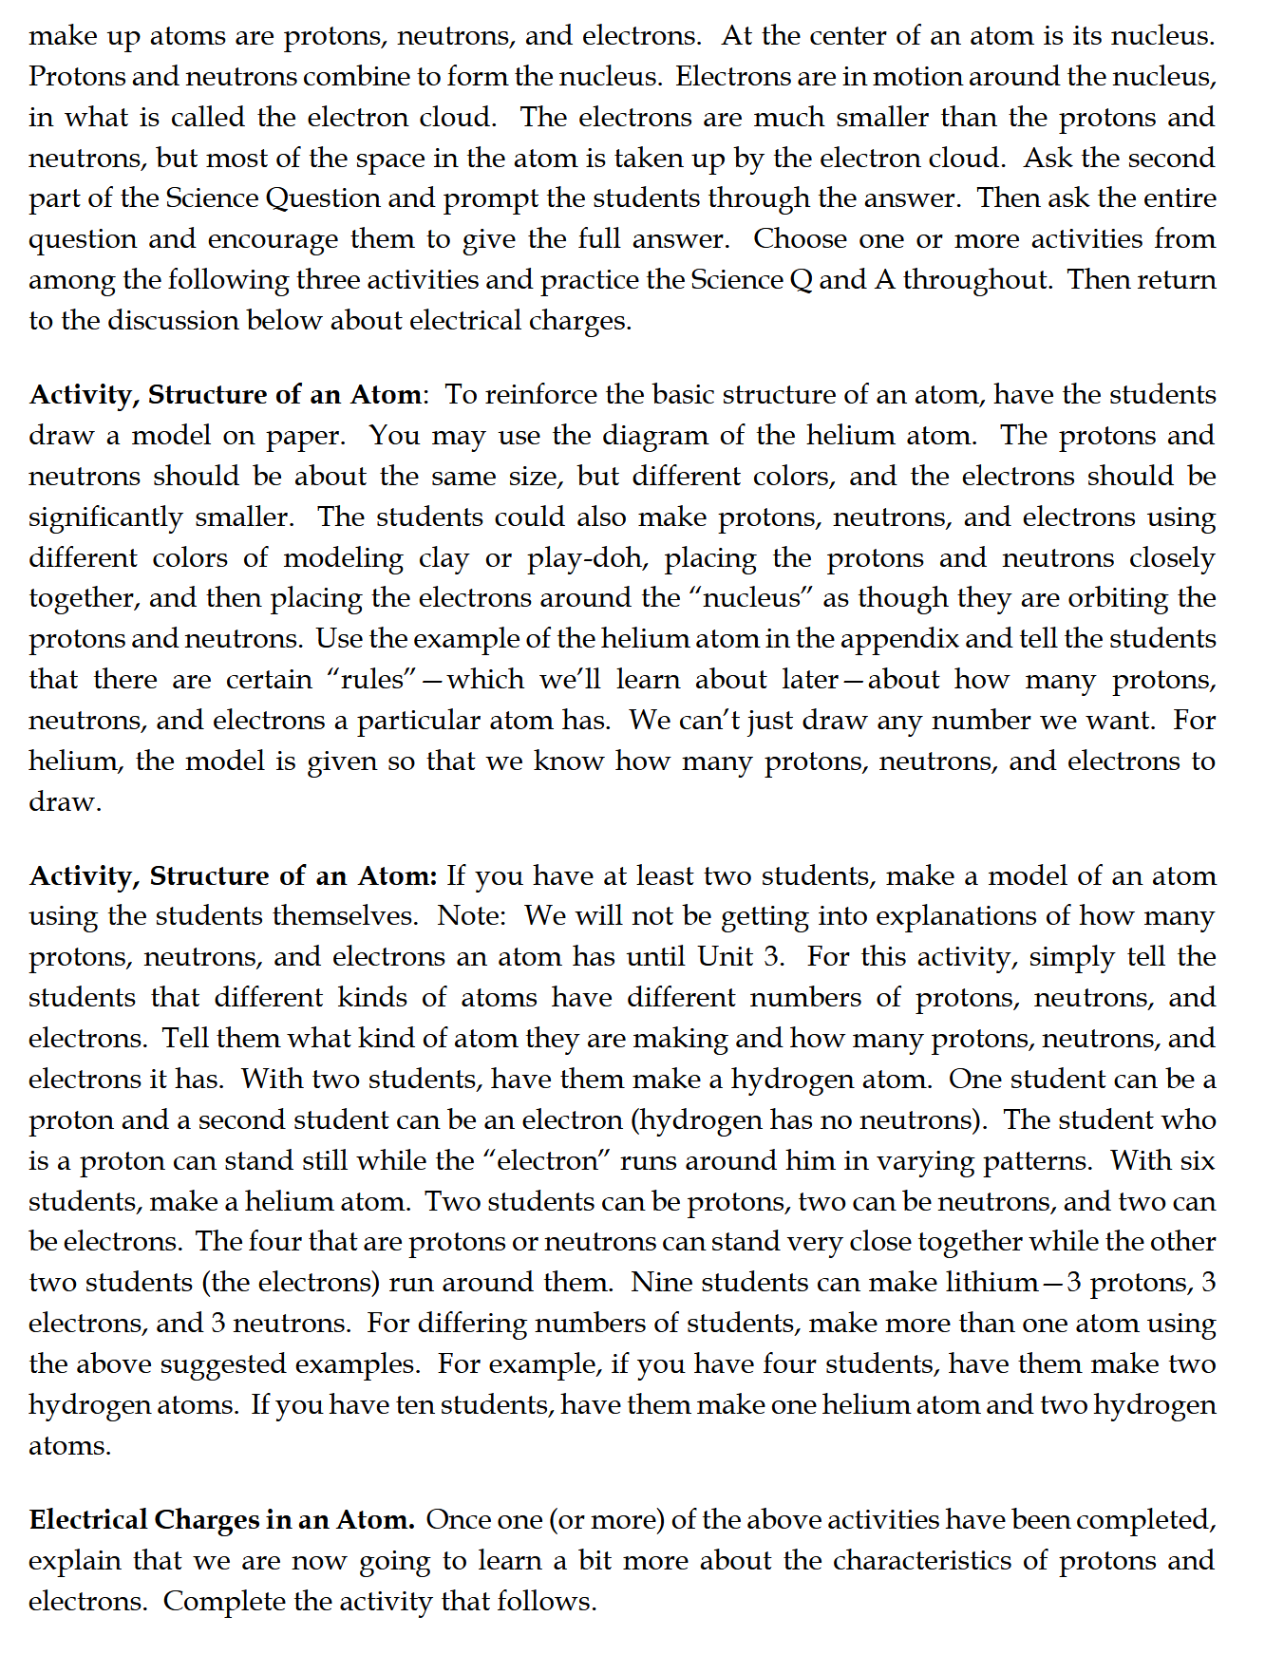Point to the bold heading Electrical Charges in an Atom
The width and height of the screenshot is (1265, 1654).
pyautogui.click(x=221, y=1520)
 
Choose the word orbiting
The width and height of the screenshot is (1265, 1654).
pyautogui.click(x=1118, y=598)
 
